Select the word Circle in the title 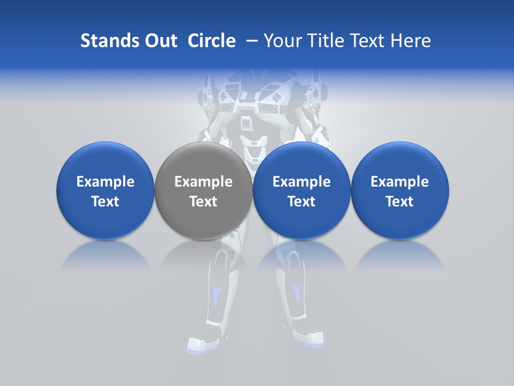(211, 41)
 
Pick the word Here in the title (411, 41)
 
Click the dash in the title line (250, 41)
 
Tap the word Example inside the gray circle (203, 182)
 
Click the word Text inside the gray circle (203, 202)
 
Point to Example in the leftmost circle (105, 182)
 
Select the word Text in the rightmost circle (400, 202)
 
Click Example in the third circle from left (301, 182)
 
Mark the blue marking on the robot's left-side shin (217, 294)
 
